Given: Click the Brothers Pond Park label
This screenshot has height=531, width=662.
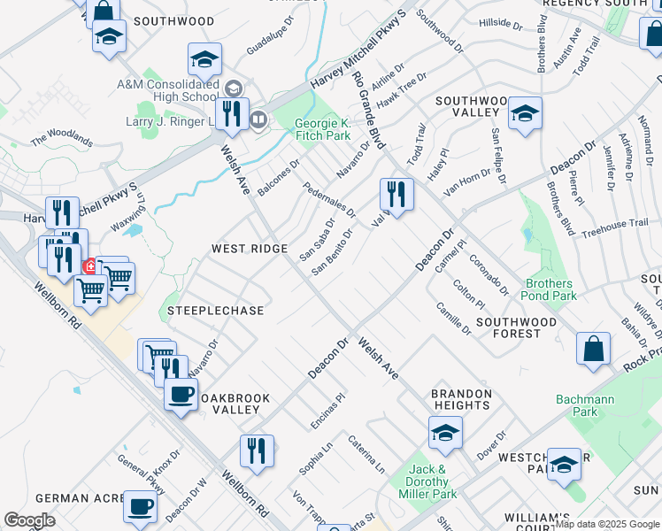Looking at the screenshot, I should pos(550,289).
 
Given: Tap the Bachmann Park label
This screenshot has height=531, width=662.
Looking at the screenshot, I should pos(585,405).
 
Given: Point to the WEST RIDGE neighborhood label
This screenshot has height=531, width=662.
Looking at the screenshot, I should pos(249,250).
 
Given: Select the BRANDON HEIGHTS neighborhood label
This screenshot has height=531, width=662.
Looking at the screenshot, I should pos(460,399).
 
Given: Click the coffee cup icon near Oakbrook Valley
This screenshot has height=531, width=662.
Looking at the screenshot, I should pos(181,394).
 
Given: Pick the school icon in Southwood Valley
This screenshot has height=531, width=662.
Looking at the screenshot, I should pos(525,113).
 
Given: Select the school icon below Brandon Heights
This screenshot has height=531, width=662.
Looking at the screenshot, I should pos(445,432).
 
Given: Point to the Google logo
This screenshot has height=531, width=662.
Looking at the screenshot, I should pos(29,520).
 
